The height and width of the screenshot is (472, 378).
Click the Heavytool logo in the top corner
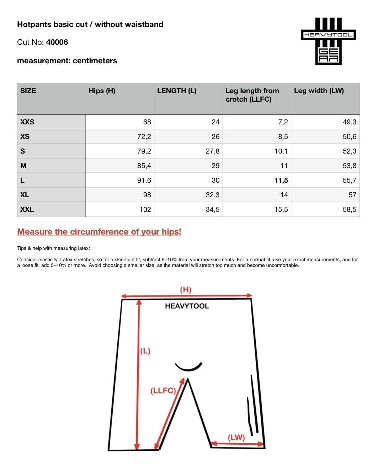point(328,41)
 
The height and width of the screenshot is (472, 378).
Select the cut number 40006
point(57,42)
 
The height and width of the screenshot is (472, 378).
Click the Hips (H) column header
point(102,91)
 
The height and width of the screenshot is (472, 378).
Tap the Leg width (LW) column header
point(319,91)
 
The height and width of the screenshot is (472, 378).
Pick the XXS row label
point(27,122)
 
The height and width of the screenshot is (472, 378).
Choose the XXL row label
point(27,210)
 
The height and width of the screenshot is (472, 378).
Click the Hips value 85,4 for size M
point(144,166)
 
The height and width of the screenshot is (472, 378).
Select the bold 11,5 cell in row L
point(281,181)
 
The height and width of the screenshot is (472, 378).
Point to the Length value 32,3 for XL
point(212,195)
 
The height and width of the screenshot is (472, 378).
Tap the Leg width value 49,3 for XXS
point(349,122)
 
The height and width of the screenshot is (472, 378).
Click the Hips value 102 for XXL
point(145,210)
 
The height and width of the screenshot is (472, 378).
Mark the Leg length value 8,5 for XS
point(283,137)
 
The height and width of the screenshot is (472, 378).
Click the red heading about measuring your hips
point(99,232)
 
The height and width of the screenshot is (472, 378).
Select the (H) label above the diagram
point(186,290)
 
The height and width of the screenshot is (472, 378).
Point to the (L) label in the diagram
point(145,352)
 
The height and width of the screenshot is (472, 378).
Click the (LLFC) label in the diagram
point(163,391)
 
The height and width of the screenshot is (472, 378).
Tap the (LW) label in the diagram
point(236,438)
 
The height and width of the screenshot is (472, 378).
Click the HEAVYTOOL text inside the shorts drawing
point(187,306)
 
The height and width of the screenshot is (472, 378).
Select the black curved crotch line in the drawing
point(188,368)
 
